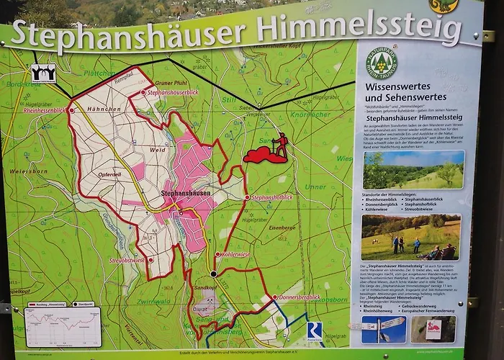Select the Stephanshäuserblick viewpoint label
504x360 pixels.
click(173, 93)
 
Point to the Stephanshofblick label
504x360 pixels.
click(272, 197)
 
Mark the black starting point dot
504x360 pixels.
click(214, 274)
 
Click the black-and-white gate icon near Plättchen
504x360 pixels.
click(42, 73)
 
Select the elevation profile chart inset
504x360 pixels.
click(63, 327)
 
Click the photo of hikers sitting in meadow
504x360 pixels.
click(410, 237)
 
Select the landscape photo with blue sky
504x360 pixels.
click(413, 169)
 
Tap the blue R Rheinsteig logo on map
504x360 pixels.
click(314, 330)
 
